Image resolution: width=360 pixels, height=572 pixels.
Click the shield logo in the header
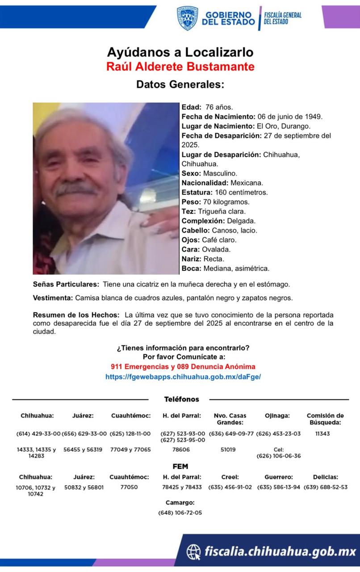187,18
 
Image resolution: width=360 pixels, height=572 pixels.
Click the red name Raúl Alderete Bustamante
180,67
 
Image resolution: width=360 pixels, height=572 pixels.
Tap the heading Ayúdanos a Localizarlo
180,52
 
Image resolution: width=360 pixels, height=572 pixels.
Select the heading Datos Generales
180,84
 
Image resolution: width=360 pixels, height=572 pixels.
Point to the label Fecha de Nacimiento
212,117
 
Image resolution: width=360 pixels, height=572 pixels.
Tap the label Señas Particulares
66,284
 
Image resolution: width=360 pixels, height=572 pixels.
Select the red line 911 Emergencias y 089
183,366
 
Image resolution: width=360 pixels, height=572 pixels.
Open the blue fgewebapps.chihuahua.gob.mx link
183,377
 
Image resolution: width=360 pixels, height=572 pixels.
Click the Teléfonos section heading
181,399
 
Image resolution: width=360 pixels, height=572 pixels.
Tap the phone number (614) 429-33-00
38,433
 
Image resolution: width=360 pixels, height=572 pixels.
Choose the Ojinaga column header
277,416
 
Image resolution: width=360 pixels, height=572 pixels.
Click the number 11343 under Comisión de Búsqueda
325,433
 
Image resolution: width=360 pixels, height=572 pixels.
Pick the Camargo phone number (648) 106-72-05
180,513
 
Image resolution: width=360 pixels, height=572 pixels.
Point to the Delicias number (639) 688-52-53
325,487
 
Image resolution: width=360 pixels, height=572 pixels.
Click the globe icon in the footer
193,552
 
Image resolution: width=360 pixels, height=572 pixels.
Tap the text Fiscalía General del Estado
282,18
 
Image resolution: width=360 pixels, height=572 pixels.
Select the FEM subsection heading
180,467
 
